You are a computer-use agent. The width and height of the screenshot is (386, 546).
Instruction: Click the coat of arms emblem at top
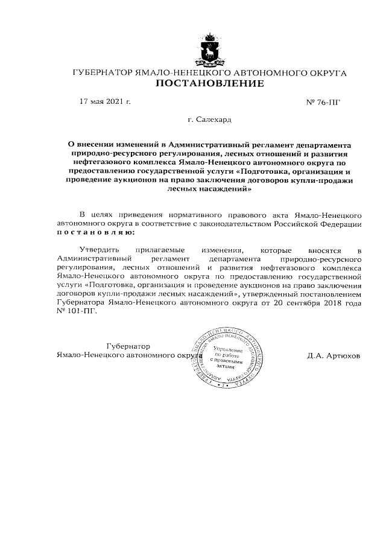(210, 48)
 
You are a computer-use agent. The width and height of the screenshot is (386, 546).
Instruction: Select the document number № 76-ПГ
(324, 102)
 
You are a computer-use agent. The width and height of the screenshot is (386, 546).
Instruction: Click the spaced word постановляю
(96, 232)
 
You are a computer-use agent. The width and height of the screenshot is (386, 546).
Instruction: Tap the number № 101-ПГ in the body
(76, 313)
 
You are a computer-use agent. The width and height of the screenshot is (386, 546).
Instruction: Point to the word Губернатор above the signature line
(127, 346)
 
